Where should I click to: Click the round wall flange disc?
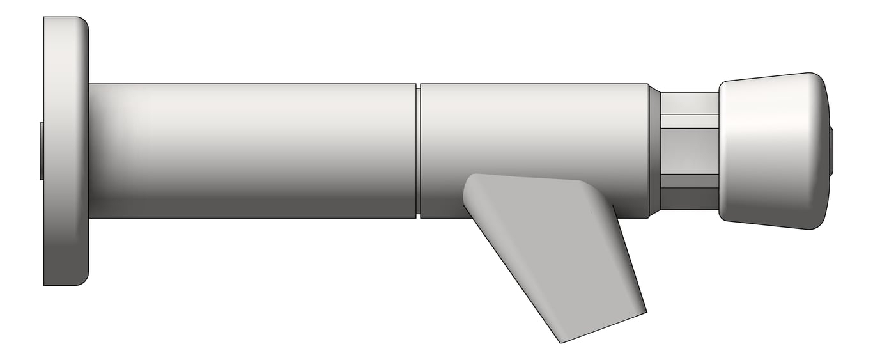[65, 151]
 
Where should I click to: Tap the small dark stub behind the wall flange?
[41, 151]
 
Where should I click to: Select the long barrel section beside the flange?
[252, 151]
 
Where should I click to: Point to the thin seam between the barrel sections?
[418, 151]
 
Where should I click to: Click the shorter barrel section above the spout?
[534, 128]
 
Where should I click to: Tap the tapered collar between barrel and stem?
[654, 151]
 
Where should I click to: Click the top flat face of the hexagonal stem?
[689, 103]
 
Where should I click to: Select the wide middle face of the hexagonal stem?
[689, 151]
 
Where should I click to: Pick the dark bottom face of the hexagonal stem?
[689, 198]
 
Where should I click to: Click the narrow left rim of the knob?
[722, 151]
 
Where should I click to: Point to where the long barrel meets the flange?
[89, 151]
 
